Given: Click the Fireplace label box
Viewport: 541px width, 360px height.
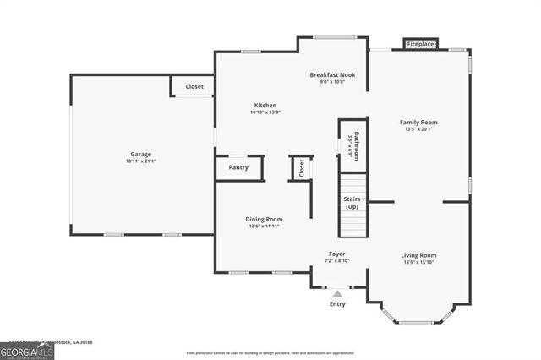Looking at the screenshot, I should (420, 43).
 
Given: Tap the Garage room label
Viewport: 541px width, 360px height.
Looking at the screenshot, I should (140, 155).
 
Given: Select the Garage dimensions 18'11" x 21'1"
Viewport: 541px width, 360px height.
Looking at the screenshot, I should (140, 161).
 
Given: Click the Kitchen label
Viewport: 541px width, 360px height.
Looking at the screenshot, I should (265, 106).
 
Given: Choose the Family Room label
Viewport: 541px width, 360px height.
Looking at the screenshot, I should (418, 123).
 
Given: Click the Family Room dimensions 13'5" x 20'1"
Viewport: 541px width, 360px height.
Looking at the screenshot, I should (418, 129).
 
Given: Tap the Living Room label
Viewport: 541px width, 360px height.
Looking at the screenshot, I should (419, 254).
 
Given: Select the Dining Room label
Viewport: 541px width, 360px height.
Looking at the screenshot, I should (264, 219).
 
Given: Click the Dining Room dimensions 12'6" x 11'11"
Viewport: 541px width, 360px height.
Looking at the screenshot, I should (264, 226).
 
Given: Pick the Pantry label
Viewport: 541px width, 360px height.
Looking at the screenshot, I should (238, 168).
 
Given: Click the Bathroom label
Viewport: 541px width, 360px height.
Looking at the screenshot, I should (357, 145).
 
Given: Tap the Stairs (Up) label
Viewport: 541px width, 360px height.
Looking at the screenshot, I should (352, 203).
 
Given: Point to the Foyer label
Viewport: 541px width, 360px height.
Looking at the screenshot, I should (336, 254).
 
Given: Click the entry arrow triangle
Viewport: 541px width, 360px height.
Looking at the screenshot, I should (337, 293).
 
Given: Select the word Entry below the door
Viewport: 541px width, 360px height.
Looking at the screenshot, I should (337, 303).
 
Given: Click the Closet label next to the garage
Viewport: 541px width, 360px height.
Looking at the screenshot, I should (194, 86).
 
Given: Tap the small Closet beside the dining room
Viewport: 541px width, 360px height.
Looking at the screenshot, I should (301, 168).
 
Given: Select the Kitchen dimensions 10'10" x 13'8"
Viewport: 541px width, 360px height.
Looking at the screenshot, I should (265, 112).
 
